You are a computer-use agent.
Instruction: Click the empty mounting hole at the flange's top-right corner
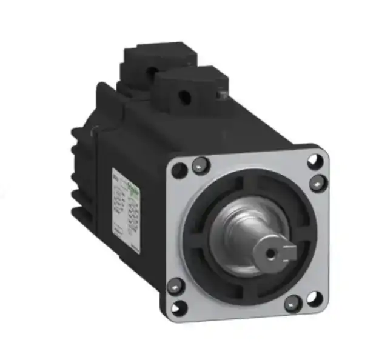click(x=313, y=161)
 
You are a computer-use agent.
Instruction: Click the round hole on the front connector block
click(x=183, y=95)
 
